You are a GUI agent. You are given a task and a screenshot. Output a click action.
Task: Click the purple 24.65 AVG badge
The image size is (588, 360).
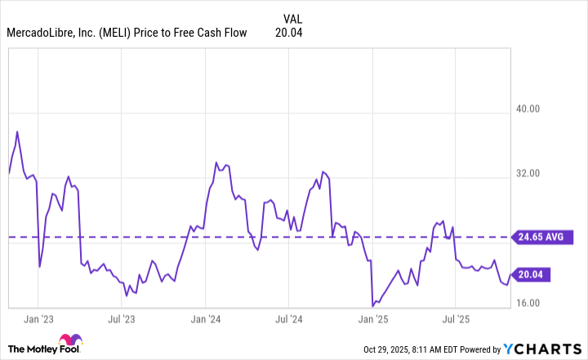click(x=538, y=238)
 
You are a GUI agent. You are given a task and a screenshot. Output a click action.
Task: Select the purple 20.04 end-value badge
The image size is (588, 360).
click(x=530, y=275)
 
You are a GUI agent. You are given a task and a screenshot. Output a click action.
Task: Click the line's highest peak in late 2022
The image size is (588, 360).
click(x=17, y=131)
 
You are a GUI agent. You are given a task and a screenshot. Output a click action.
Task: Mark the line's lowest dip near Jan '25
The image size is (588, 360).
click(x=372, y=306)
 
